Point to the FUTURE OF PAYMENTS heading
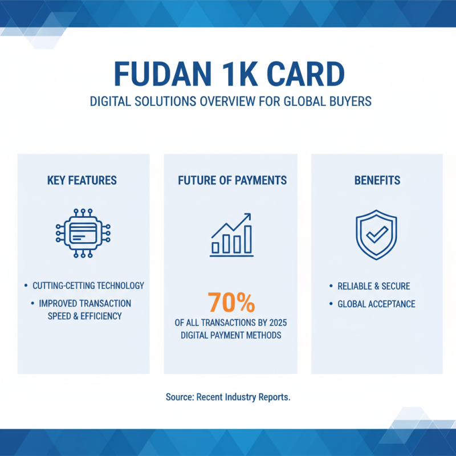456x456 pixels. [x=232, y=181]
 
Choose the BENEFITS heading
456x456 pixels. [x=377, y=181]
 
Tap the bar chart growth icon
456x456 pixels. [x=231, y=234]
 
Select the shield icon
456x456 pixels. [x=377, y=234]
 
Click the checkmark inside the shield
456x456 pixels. [x=377, y=234]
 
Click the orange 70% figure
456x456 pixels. [x=230, y=303]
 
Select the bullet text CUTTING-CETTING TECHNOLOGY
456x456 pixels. [x=88, y=286]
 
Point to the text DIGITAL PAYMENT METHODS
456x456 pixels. [x=231, y=335]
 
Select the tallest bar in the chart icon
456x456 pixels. [x=247, y=239]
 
